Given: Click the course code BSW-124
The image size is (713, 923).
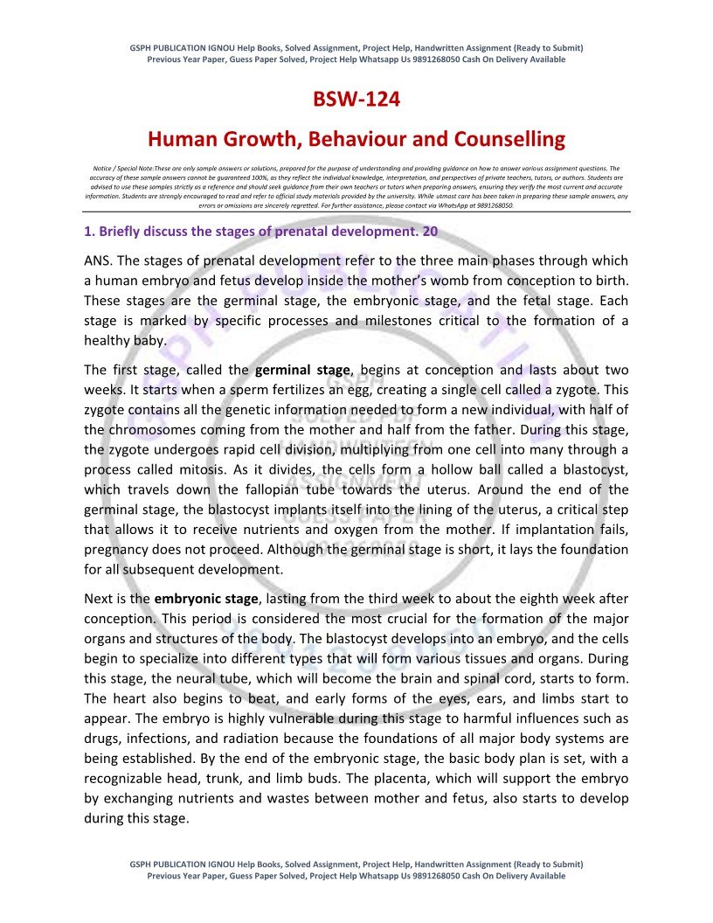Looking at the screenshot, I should coord(356,100).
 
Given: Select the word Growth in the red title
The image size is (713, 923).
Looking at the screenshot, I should coord(267,139).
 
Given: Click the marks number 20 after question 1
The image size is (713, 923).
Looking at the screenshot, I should coord(429,232).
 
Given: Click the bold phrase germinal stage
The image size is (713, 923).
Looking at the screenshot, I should coord(302,370).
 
